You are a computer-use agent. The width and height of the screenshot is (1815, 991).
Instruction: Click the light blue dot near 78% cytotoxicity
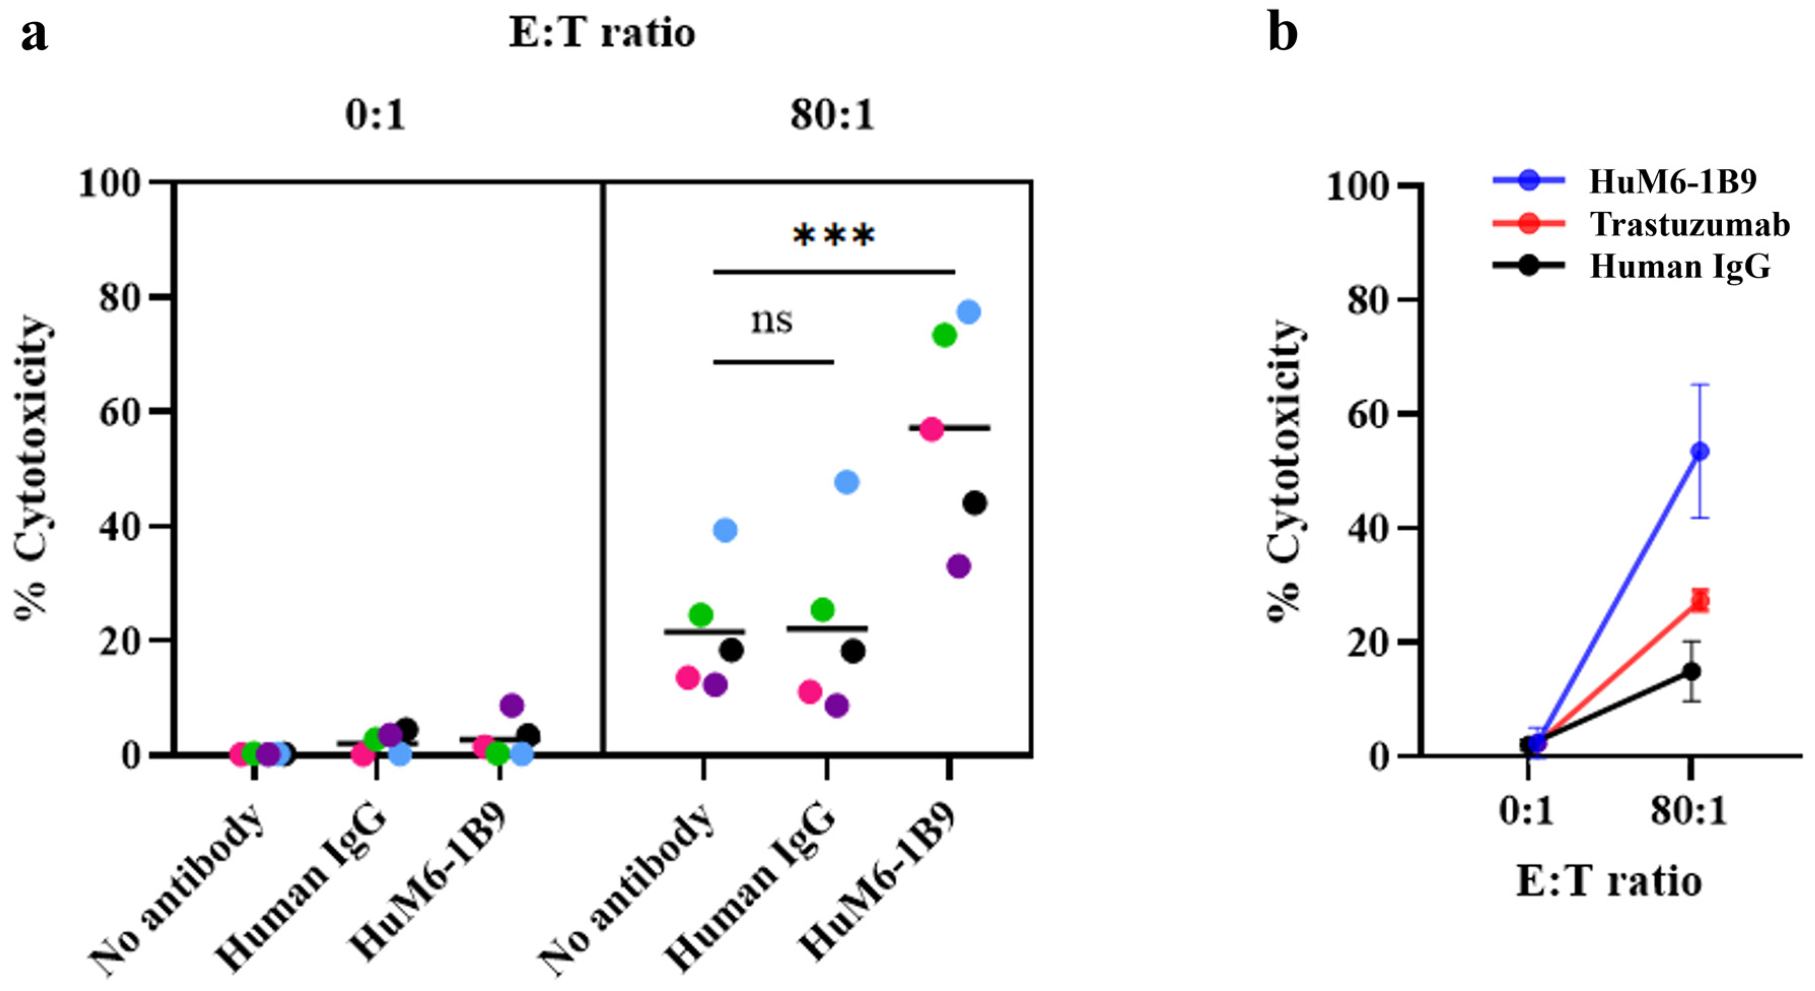pyautogui.click(x=969, y=312)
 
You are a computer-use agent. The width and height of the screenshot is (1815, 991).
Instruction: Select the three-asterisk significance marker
pyautogui.click(x=834, y=236)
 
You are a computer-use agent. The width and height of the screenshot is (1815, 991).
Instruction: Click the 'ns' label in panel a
pyautogui.click(x=771, y=321)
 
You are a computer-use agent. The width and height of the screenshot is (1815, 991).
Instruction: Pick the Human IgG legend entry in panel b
pyautogui.click(x=1680, y=266)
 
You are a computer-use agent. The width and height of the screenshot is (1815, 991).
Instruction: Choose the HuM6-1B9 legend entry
pyautogui.click(x=1672, y=182)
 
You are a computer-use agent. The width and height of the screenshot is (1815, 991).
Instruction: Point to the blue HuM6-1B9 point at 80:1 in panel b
pyautogui.click(x=1699, y=451)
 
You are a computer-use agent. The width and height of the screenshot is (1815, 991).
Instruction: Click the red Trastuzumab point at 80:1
pyautogui.click(x=1699, y=600)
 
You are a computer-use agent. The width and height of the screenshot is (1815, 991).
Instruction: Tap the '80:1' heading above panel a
pyautogui.click(x=832, y=114)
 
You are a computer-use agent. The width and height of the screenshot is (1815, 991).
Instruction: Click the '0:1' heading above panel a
pyautogui.click(x=376, y=114)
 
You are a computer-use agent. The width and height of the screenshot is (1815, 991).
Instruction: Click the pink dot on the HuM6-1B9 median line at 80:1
pyautogui.click(x=931, y=429)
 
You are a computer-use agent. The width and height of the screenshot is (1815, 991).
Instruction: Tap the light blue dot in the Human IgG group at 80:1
pyautogui.click(x=846, y=482)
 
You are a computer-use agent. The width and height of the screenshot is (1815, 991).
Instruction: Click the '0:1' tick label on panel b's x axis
pyautogui.click(x=1526, y=812)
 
